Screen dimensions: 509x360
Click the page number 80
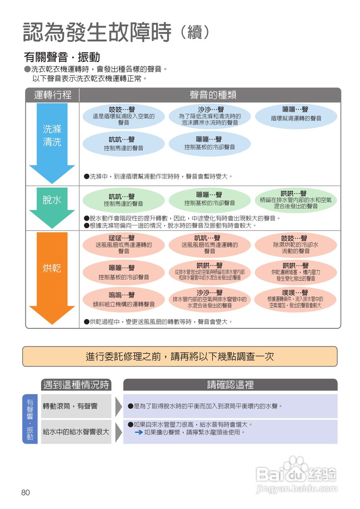tap(25, 493)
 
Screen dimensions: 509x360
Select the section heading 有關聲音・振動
tap(62, 57)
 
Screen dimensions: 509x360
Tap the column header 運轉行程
tap(53, 95)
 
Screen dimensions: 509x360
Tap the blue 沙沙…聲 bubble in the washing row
tap(210, 116)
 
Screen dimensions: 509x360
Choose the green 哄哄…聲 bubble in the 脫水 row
tap(296, 200)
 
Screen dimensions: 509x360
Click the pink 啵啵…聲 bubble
tap(124, 245)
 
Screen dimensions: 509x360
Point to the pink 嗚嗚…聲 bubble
tap(124, 299)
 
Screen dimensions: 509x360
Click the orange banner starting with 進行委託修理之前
tap(180, 356)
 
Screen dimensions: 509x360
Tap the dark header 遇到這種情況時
tap(76, 385)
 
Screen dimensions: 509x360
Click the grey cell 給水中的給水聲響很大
tap(76, 431)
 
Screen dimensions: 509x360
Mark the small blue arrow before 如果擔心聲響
tap(139, 432)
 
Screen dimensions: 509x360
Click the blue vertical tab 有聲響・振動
tap(30, 419)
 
